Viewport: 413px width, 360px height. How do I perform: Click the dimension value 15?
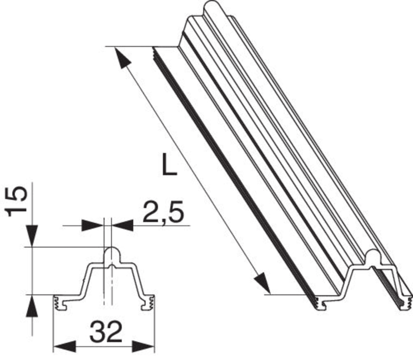click(17, 201)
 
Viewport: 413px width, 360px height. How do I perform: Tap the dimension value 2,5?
click(163, 212)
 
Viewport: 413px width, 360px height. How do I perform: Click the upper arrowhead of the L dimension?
click(122, 58)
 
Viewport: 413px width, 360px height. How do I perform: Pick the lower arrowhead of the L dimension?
click(262, 283)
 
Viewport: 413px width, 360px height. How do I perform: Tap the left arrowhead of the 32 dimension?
click(64, 346)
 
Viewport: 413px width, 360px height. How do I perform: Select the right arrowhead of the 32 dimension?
click(143, 346)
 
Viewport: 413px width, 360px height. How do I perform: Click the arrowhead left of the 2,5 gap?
click(93, 225)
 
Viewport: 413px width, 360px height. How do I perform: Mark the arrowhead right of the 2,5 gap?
click(122, 225)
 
